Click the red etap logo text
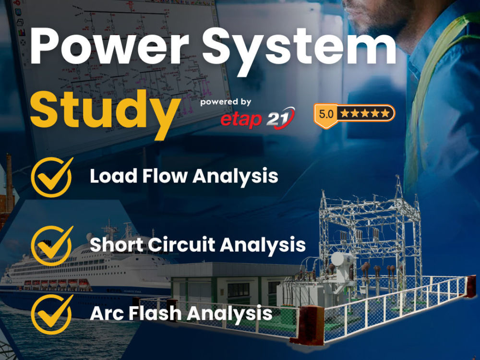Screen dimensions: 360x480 (240, 119)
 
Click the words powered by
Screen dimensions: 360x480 (226, 102)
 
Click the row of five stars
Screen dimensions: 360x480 (365, 114)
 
